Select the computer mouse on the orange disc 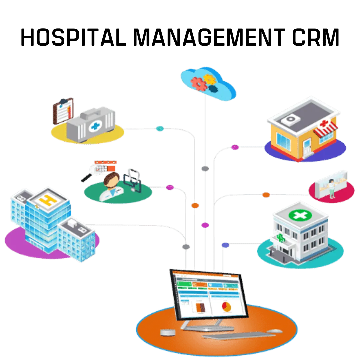274,331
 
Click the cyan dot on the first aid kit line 160,128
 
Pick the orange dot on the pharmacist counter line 266,195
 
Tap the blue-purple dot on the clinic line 225,245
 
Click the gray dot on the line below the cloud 205,169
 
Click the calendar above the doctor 105,166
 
